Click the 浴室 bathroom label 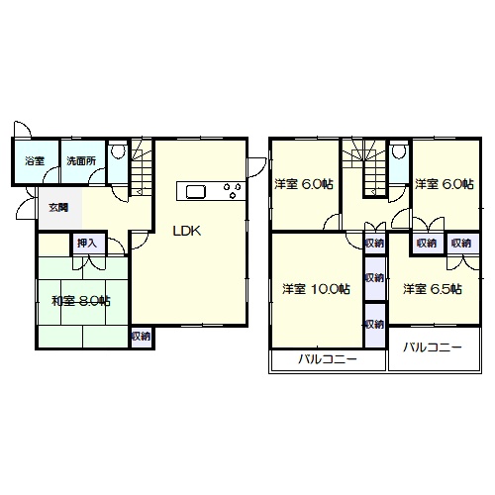click(35, 161)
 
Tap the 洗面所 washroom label click(81, 161)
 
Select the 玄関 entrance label click(58, 208)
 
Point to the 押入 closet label click(87, 244)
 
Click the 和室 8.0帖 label click(81, 301)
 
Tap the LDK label click(187, 231)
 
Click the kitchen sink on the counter click(196, 192)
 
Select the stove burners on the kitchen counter click(232, 191)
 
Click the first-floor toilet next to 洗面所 click(118, 151)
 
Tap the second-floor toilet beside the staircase click(399, 151)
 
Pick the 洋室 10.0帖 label click(316, 289)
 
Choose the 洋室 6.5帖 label click(433, 289)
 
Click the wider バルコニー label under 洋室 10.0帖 click(328, 358)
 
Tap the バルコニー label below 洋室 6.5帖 click(433, 347)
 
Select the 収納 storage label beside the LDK click(141, 337)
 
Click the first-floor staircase click(142, 167)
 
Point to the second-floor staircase click(365, 168)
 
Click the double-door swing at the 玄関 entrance click(27, 203)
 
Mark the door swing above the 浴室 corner click(22, 129)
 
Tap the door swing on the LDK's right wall click(257, 167)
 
